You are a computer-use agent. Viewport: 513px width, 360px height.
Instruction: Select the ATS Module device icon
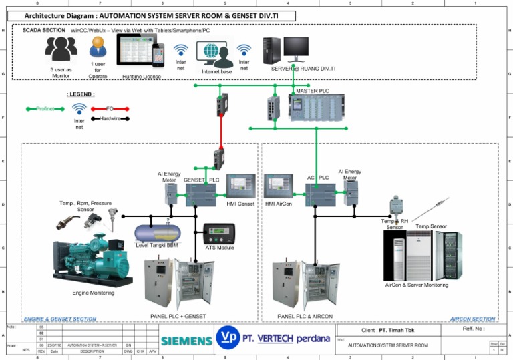coord(219,234)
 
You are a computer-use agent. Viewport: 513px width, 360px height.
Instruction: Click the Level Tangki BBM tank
coord(157,232)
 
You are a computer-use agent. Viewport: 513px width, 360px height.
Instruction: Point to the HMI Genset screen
coord(241,186)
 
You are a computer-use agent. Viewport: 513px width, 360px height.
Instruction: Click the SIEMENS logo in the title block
coord(186,341)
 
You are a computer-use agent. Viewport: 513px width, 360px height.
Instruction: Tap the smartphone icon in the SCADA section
coord(158,55)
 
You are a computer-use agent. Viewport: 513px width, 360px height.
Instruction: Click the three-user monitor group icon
coord(61,49)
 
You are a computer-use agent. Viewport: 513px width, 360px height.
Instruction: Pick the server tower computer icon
coord(271,50)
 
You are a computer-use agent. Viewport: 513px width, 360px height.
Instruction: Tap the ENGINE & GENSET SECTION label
coord(60,319)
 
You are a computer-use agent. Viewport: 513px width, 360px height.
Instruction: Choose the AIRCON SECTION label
coord(472,319)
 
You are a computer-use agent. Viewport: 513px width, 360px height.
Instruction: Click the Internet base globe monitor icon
coord(214,53)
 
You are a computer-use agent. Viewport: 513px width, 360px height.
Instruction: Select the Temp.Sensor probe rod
coord(431,210)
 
